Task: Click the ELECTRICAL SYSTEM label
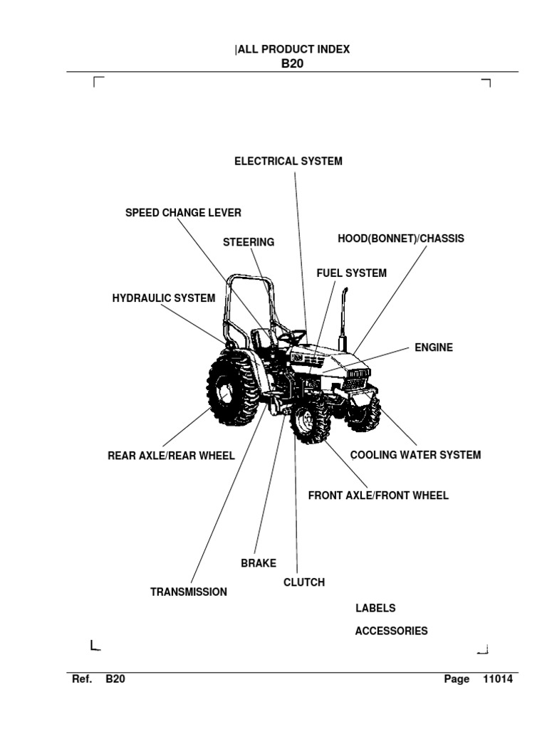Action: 288,162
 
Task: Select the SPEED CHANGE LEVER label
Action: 183,213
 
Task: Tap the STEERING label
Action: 249,242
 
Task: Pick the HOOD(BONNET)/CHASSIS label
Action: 400,238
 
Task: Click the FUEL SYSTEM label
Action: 352,273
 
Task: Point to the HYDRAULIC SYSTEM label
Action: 163,298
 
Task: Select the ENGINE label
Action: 434,348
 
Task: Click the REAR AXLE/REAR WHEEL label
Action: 171,456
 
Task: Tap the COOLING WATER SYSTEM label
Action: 415,455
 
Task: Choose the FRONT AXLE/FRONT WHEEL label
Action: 378,495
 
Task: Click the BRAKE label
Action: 259,563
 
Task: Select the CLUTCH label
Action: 304,582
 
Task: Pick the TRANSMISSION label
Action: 189,592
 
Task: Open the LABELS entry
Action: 375,609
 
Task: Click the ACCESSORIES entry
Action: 391,631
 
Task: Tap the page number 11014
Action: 497,679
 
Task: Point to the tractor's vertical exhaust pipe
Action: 342,317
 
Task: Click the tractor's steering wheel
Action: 292,335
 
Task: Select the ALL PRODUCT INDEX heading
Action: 292,49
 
